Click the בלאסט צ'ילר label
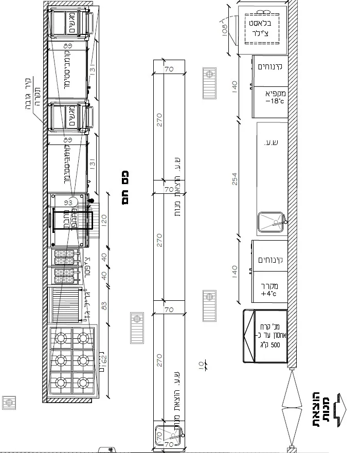point(263,29)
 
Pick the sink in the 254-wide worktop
point(271,222)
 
